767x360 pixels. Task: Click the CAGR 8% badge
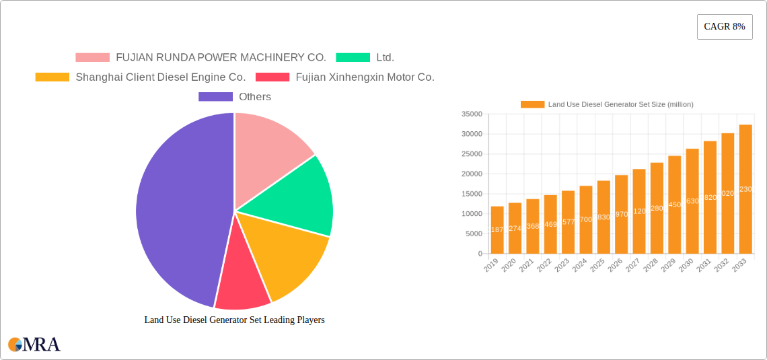(x=724, y=27)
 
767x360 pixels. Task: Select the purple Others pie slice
(x=178, y=209)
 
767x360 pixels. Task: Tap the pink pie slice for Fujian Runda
(x=269, y=148)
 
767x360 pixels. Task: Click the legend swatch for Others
(x=215, y=97)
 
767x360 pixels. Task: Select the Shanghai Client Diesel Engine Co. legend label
(x=160, y=77)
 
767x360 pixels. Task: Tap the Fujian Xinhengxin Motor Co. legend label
(x=365, y=77)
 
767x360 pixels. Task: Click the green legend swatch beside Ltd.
(x=353, y=58)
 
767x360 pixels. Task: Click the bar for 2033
(x=745, y=189)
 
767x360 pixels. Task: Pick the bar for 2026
(x=621, y=214)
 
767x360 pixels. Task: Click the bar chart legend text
(x=620, y=104)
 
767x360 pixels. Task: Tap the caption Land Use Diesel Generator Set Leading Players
(x=234, y=320)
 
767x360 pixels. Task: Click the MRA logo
(x=34, y=345)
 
